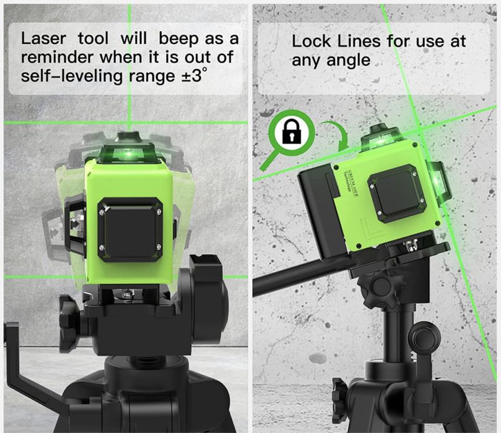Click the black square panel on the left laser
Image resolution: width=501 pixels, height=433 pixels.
click(x=129, y=229)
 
